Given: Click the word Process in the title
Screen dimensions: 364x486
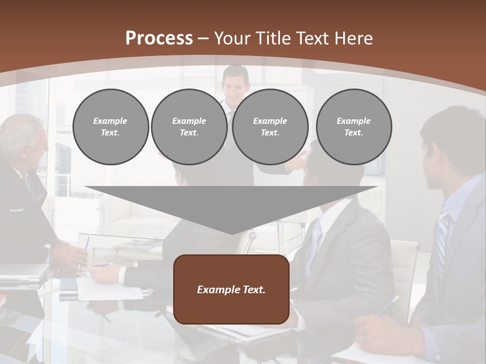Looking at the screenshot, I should point(159,38).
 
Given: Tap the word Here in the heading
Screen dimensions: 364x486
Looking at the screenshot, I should point(354,38).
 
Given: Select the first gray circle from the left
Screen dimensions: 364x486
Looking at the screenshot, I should point(110,127).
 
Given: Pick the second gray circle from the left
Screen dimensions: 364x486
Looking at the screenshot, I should point(189,127).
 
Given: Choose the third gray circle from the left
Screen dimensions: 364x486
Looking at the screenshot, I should point(270,127).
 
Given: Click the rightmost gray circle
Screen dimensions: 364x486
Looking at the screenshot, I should point(353,127).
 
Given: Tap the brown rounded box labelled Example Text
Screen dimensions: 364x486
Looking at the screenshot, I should point(231,289).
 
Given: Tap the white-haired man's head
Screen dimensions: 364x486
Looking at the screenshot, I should point(23,139).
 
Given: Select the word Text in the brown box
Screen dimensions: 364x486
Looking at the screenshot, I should point(255,290).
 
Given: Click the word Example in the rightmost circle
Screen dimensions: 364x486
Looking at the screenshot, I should point(353,121).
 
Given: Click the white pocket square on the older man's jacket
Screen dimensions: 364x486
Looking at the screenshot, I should point(16,209).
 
